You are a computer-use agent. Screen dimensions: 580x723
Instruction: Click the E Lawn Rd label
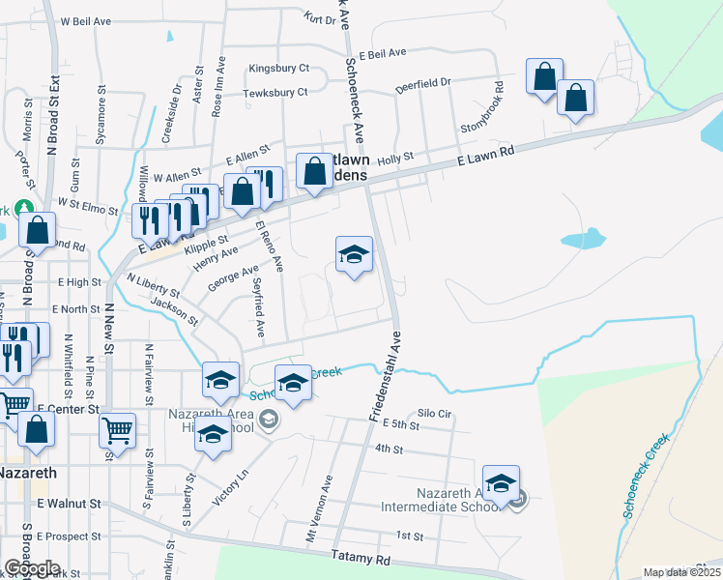(x=485, y=150)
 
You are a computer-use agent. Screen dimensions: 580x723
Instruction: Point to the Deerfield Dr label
(x=423, y=86)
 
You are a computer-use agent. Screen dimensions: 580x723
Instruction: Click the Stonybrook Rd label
(x=484, y=114)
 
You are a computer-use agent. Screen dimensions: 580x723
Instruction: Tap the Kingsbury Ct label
(x=278, y=69)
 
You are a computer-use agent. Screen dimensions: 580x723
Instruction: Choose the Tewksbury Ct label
(x=275, y=93)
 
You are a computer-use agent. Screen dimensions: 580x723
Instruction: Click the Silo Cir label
(x=435, y=413)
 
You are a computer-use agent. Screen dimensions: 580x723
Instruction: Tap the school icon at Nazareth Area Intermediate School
(x=501, y=483)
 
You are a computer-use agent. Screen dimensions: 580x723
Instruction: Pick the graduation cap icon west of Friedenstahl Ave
(x=354, y=255)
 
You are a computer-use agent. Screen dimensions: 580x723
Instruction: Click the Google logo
(x=32, y=568)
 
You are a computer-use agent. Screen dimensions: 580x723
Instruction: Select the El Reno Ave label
(x=269, y=246)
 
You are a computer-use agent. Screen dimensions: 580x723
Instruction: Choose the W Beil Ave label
(x=87, y=20)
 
